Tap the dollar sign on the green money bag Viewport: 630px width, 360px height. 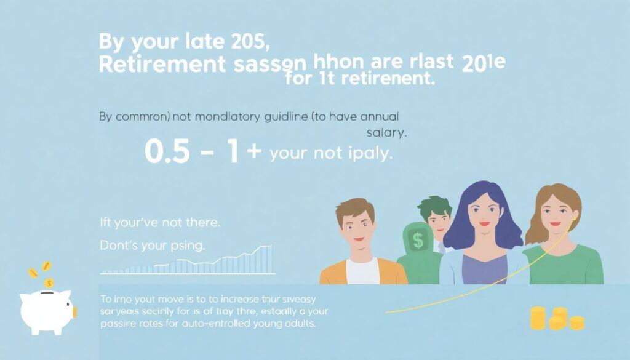(x=418, y=241)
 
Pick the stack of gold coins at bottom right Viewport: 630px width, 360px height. (x=556, y=319)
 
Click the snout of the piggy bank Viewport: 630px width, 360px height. (x=74, y=312)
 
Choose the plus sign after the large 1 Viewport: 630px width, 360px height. (x=253, y=151)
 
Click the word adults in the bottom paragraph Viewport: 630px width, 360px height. (x=298, y=324)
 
